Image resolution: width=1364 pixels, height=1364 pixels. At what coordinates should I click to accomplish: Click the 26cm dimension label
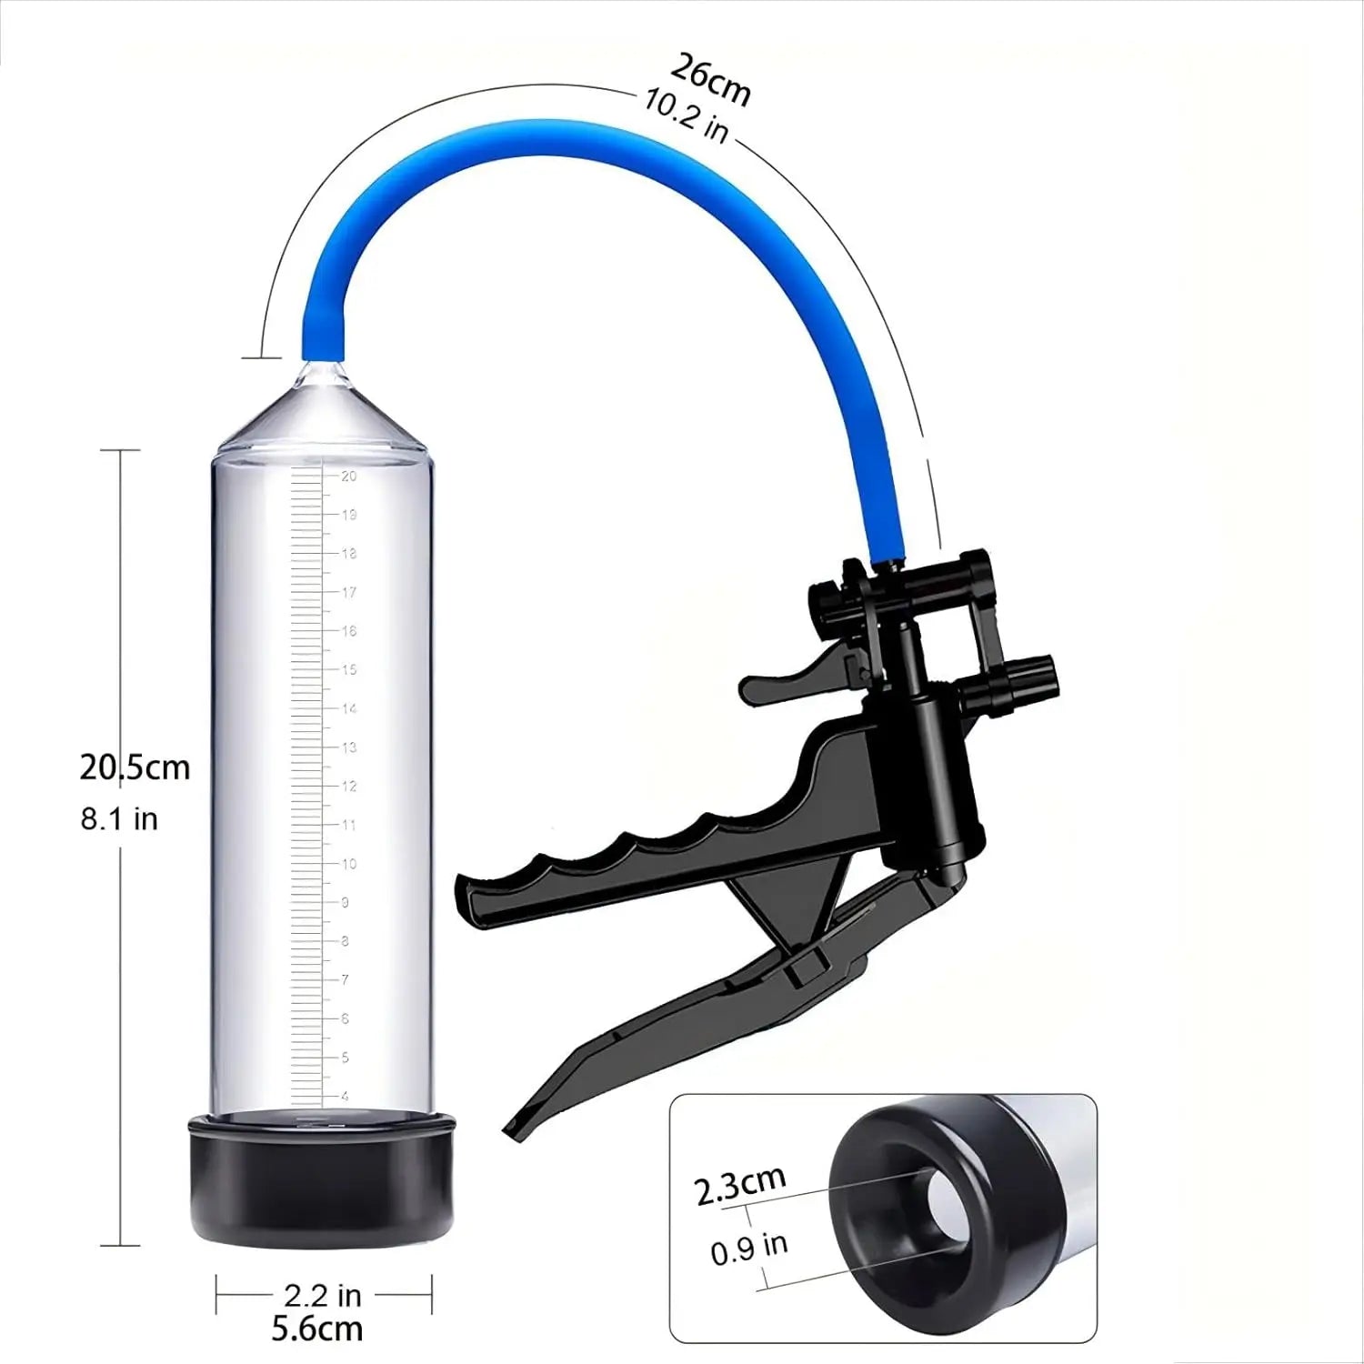tap(710, 80)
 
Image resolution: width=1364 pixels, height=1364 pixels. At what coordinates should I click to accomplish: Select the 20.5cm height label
tap(135, 767)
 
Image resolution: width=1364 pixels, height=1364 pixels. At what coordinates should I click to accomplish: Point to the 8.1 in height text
tap(119, 818)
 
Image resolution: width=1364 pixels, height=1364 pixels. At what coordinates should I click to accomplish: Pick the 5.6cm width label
tap(317, 1329)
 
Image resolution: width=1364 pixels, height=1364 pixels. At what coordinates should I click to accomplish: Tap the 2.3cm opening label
tap(740, 1185)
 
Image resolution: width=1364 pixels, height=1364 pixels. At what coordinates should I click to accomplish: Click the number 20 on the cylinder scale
tap(348, 476)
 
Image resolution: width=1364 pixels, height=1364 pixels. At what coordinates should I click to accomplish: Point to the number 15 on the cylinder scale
tap(348, 669)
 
